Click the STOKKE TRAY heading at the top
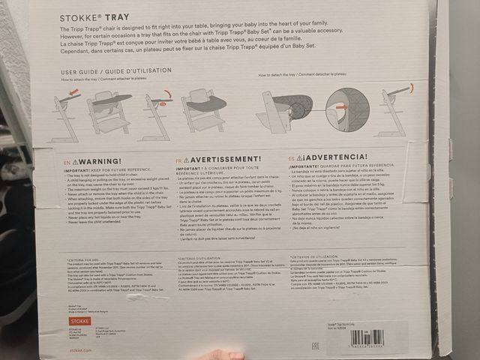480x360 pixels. pos(88,15)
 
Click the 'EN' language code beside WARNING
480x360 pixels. pos(66,161)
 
